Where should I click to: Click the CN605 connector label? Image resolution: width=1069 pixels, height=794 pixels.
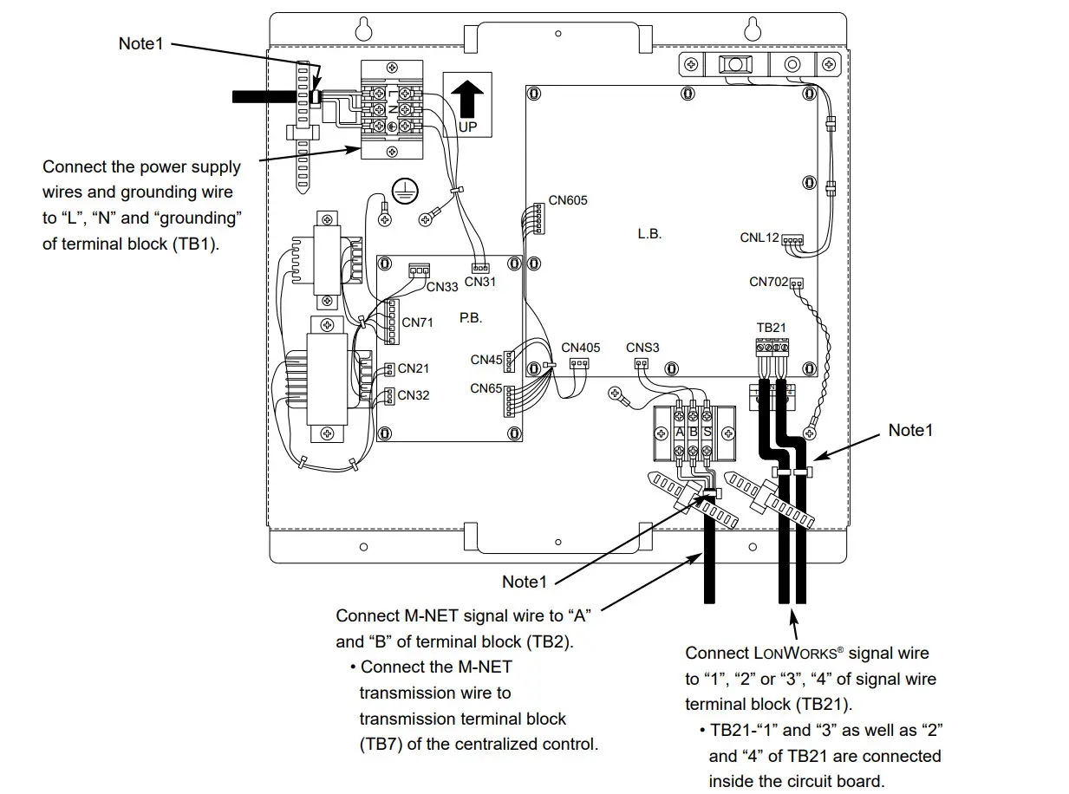(x=568, y=200)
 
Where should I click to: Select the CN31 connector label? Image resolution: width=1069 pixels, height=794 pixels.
(x=479, y=282)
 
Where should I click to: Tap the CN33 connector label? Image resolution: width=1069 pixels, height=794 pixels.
(x=442, y=287)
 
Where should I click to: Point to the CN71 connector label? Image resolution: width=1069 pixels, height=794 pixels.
(x=417, y=322)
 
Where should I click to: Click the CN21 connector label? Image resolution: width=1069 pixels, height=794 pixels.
(x=414, y=368)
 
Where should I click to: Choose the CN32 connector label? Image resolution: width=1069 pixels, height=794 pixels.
(x=414, y=395)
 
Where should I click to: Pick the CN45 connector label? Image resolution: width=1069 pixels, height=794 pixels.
(x=486, y=360)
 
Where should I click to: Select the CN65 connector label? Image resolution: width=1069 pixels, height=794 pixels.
(x=486, y=388)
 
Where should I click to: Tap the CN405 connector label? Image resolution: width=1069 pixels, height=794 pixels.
(x=580, y=348)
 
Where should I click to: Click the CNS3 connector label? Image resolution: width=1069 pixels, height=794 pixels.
(x=642, y=348)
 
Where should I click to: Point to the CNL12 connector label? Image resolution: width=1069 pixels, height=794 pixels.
(x=759, y=238)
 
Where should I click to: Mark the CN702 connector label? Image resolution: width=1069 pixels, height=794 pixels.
(x=769, y=282)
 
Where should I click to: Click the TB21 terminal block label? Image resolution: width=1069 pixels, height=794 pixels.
(x=772, y=328)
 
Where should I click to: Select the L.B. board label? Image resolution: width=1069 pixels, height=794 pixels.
(x=649, y=234)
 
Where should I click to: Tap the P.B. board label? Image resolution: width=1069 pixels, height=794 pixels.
(x=471, y=318)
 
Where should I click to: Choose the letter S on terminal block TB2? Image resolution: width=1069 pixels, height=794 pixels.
(x=707, y=432)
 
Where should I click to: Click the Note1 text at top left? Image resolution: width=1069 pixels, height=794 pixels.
(x=140, y=43)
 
